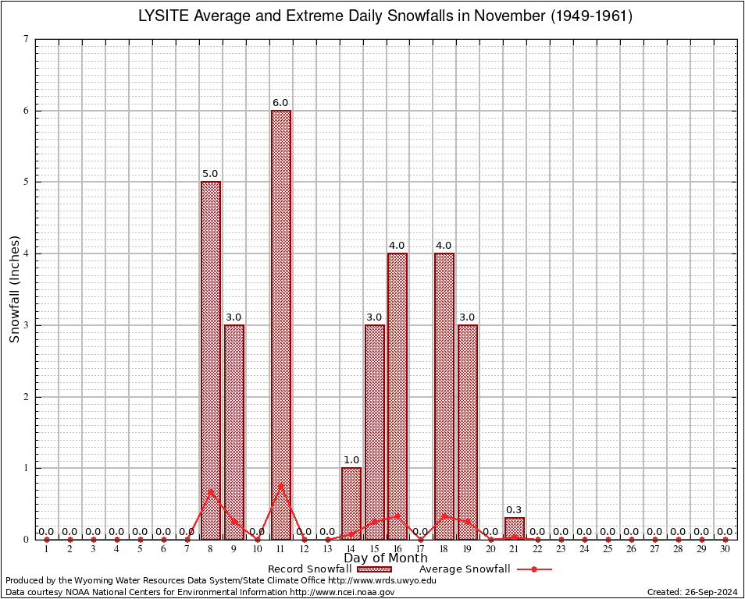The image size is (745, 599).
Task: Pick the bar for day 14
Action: (351, 503)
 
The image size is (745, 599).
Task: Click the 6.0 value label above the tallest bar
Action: (280, 103)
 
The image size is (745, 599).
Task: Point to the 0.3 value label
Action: (515, 510)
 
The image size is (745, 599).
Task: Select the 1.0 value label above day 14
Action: (351, 460)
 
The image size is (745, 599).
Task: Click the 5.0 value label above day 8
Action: (211, 174)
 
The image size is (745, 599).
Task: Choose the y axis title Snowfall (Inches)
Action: (14, 289)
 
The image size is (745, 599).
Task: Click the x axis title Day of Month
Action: (386, 558)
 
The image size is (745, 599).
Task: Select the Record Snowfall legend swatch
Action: (374, 569)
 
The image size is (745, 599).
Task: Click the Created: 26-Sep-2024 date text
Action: (692, 592)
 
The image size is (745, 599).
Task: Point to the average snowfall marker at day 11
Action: (281, 486)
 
